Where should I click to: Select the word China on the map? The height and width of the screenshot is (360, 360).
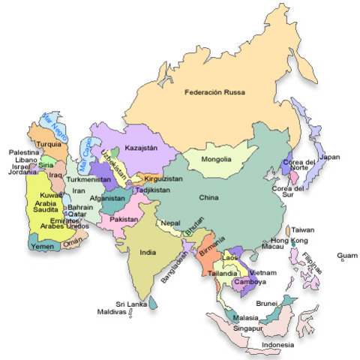tap(208, 197)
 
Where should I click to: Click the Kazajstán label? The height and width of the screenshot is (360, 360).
tap(141, 148)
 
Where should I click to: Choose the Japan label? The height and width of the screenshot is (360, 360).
tap(329, 157)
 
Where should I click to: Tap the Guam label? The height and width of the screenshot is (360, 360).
tap(346, 255)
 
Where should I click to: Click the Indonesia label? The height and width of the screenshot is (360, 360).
tap(277, 346)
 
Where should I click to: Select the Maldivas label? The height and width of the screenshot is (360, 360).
tap(113, 312)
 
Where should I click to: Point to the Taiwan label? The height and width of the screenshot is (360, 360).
tap(303, 230)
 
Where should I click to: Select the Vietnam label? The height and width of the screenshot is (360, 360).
tap(264, 272)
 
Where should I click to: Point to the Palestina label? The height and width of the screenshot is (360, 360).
tap(23, 152)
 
